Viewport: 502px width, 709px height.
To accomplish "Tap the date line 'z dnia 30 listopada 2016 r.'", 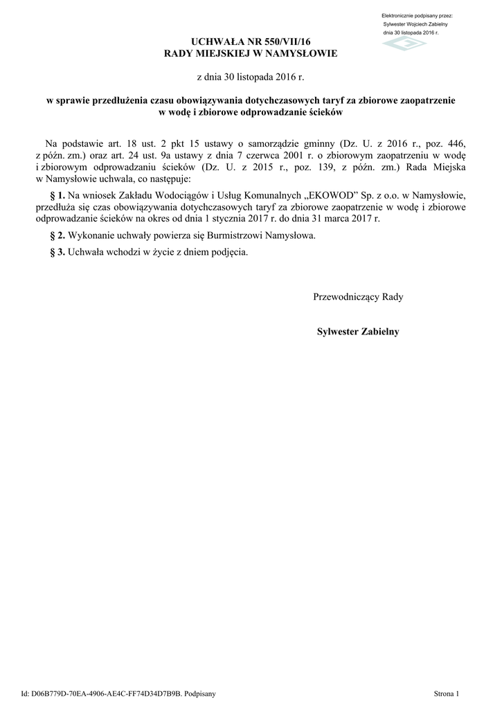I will tap(250, 75).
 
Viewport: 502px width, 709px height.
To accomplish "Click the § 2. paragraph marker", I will tap(57, 235).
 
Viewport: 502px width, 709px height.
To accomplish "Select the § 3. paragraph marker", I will tap(57, 252).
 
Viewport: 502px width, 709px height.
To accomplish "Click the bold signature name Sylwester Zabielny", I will tap(358, 332).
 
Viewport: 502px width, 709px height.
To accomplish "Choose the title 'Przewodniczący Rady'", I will tap(358, 297).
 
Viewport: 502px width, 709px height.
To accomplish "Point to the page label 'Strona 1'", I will tap(447, 692).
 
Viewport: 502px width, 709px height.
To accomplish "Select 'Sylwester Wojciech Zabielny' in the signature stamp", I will tap(415, 24).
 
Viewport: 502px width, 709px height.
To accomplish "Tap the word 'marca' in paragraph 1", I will tap(348, 218).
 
